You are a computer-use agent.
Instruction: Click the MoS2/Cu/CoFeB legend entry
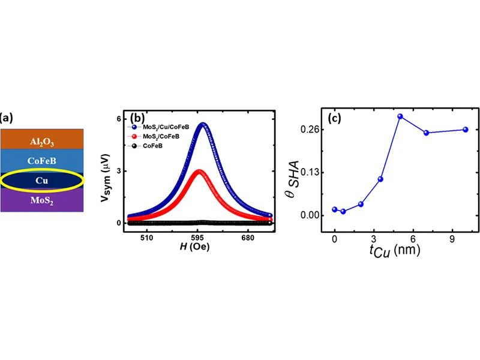click(159, 127)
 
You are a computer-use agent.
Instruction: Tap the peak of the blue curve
click(203, 124)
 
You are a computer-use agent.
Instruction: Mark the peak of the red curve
click(200, 171)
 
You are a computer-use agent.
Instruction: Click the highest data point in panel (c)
click(400, 116)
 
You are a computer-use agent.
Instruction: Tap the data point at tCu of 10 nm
click(466, 130)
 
